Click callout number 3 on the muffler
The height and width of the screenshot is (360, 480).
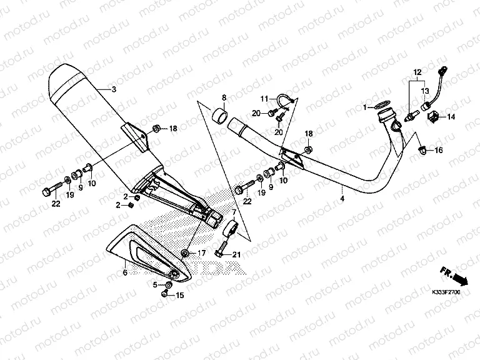(114, 89)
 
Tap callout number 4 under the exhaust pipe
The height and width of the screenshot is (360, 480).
(342, 199)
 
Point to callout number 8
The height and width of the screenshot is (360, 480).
(223, 97)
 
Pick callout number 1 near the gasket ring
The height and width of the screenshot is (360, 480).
(364, 107)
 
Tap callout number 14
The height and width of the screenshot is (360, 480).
(451, 117)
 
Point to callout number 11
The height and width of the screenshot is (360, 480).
(264, 98)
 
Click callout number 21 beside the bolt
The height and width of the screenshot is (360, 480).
(236, 254)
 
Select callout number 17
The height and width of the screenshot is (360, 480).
(201, 253)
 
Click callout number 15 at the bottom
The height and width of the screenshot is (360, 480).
(179, 295)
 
